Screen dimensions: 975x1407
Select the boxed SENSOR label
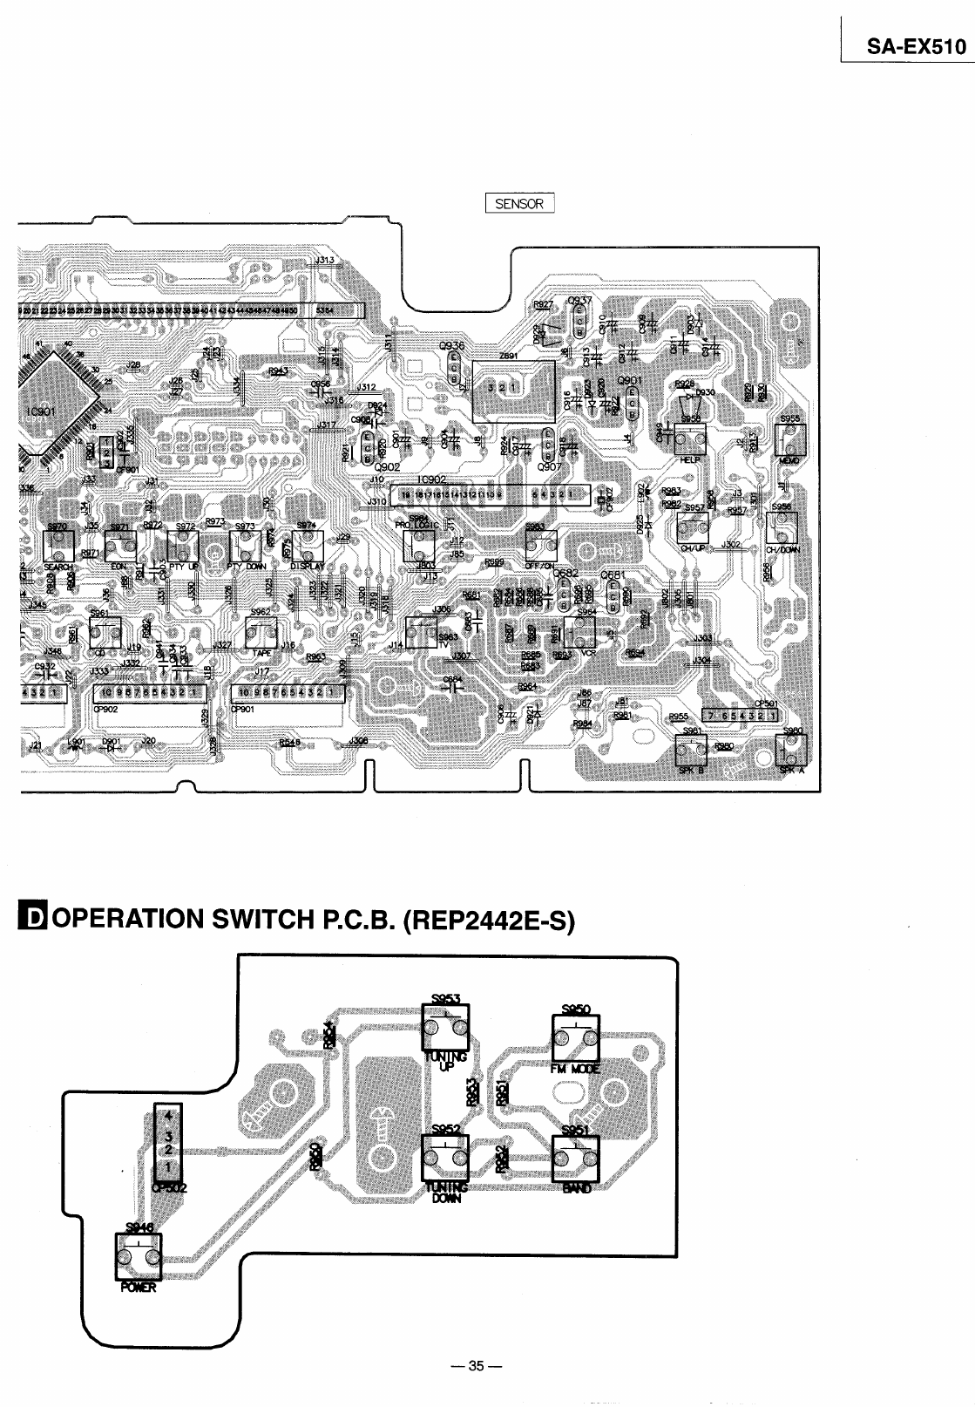(x=519, y=204)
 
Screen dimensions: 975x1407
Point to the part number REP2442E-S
(x=487, y=921)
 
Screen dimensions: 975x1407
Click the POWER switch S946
(x=139, y=1257)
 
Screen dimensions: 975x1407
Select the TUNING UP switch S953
(x=445, y=1027)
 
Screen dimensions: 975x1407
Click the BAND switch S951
(x=575, y=1158)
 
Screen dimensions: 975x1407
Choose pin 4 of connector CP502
(x=170, y=1114)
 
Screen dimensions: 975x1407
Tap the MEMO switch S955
(x=789, y=440)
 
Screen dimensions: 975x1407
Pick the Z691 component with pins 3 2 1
(x=512, y=388)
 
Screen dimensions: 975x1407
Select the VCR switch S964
(x=579, y=631)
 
